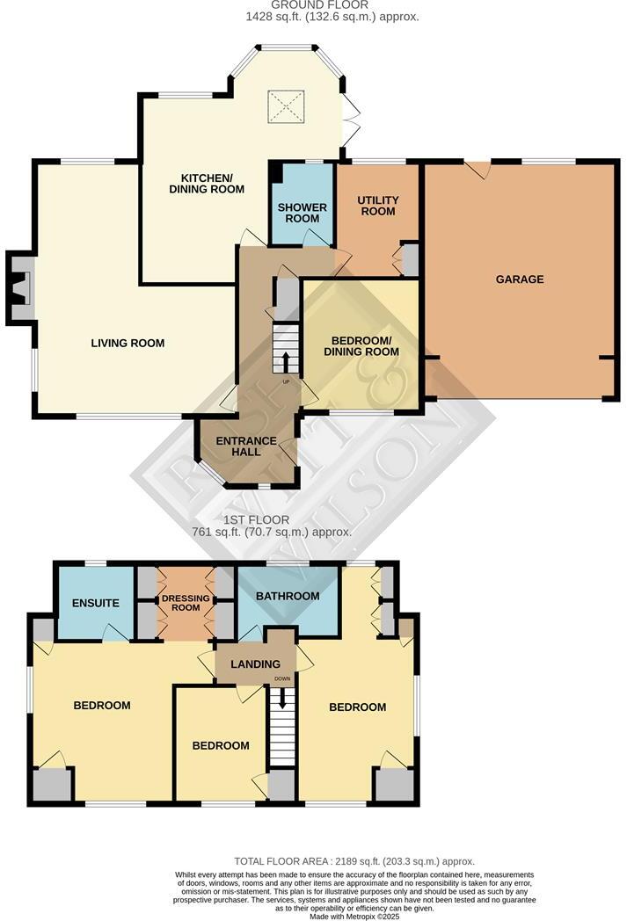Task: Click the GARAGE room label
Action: click(519, 279)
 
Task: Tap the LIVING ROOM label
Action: click(128, 343)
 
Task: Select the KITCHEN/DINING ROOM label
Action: click(207, 183)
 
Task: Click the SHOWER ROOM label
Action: click(303, 214)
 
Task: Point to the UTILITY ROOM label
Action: click(377, 206)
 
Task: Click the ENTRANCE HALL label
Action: click(247, 446)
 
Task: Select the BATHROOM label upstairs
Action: click(287, 597)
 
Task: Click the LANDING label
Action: click(257, 664)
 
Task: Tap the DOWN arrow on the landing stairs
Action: click(282, 699)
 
